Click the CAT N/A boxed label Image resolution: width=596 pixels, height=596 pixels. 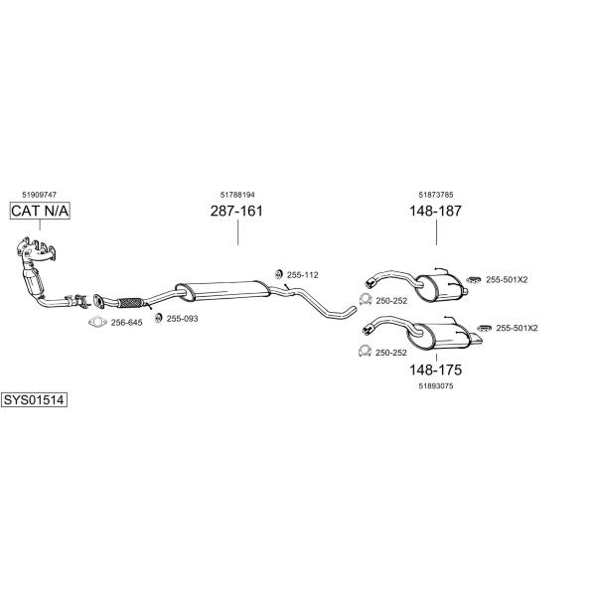(x=40, y=211)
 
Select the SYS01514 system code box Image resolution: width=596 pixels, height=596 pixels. (x=34, y=400)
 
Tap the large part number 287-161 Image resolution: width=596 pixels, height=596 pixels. (x=236, y=211)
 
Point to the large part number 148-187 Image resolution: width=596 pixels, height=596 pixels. (x=436, y=211)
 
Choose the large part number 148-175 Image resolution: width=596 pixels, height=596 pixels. (x=436, y=370)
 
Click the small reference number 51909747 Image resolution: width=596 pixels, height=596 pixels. (x=39, y=195)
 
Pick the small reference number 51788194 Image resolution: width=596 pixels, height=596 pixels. (x=237, y=195)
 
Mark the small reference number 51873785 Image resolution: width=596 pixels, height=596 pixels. (x=436, y=195)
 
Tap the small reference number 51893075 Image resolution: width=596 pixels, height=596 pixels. (x=436, y=385)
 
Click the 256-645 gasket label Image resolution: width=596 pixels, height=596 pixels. (x=126, y=323)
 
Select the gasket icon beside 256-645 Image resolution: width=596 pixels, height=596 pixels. (x=97, y=322)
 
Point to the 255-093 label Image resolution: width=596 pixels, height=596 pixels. (x=182, y=319)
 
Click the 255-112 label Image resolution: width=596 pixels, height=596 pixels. (x=303, y=275)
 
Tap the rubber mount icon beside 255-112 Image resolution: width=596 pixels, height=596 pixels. (x=278, y=274)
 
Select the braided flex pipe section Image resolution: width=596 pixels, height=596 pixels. (x=130, y=303)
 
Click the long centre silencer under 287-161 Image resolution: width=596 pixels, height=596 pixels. (x=223, y=290)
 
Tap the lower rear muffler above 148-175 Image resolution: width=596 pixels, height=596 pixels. (x=441, y=336)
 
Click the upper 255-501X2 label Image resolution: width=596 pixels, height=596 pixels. (x=507, y=280)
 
